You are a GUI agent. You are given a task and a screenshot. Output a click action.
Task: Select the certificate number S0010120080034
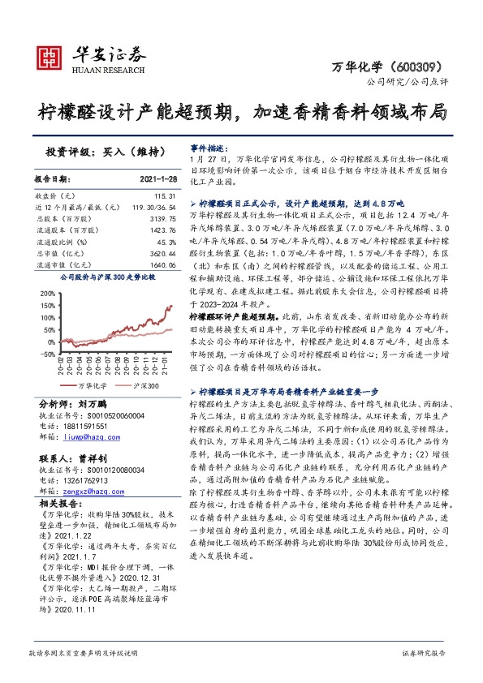(x=114, y=470)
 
